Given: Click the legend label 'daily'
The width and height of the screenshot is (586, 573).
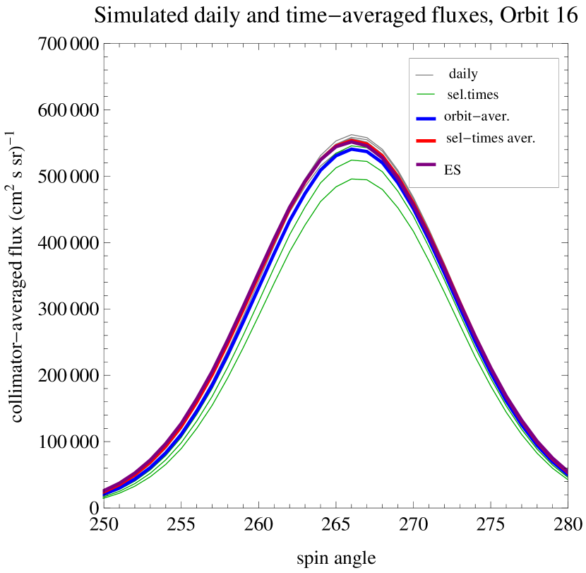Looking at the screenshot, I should pyautogui.click(x=463, y=74).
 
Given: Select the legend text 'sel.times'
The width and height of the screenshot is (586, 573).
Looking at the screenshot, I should pyautogui.click(x=473, y=94).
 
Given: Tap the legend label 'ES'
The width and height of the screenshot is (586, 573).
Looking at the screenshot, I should pyautogui.click(x=453, y=170).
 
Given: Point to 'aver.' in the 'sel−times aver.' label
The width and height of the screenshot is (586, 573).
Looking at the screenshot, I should pyautogui.click(x=520, y=138).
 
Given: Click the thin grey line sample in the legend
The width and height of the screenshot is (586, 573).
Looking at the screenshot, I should pyautogui.click(x=424, y=74).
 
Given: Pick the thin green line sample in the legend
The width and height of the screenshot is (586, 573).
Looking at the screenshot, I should pyautogui.click(x=424, y=94).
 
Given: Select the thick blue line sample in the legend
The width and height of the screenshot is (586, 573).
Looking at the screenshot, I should pyautogui.click(x=426, y=118).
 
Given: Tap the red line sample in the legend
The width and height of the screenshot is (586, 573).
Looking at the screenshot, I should pyautogui.click(x=426, y=140).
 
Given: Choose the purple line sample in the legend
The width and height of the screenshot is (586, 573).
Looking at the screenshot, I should pyautogui.click(x=426, y=164).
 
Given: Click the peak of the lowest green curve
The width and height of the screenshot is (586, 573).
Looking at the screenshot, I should pyautogui.click(x=359, y=179).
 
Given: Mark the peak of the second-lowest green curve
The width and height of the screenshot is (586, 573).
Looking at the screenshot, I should pyautogui.click(x=359, y=160).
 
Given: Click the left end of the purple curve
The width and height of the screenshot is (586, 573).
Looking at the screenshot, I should pyautogui.click(x=104, y=491).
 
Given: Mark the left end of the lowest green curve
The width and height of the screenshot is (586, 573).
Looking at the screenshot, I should pyautogui.click(x=104, y=498).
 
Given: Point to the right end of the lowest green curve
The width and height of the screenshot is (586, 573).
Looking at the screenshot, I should pyautogui.click(x=567, y=480).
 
